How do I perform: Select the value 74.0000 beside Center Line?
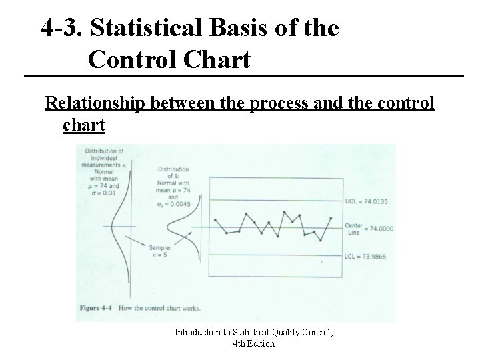click(379, 228)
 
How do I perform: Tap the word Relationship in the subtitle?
click(95, 105)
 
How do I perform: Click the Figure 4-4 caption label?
click(101, 308)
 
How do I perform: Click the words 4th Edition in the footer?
click(254, 344)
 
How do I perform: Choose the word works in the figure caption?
click(190, 308)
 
